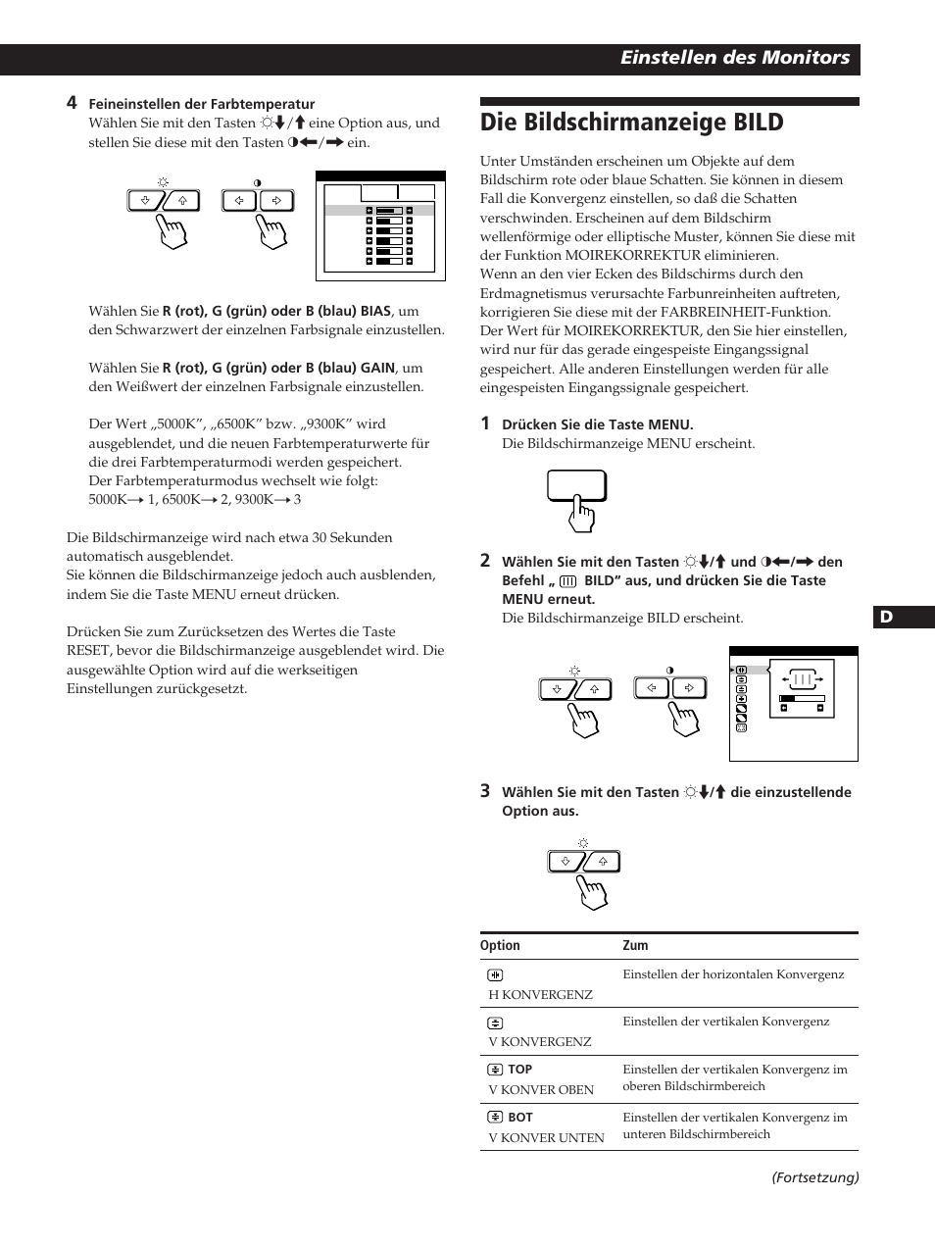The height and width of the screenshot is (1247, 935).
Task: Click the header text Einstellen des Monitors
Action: tap(734, 58)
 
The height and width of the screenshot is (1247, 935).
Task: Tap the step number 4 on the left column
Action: tap(72, 103)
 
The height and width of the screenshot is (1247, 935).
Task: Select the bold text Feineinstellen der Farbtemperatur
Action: tap(202, 104)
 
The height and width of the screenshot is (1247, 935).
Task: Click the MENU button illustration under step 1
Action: tap(576, 486)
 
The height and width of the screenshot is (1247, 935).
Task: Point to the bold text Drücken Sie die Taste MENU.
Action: tap(597, 424)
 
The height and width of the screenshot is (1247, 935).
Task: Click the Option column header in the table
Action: tap(500, 946)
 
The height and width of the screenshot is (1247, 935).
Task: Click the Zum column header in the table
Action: tap(635, 946)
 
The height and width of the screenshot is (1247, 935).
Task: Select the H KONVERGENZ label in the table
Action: tap(540, 994)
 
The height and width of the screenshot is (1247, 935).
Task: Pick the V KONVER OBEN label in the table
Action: tap(541, 1090)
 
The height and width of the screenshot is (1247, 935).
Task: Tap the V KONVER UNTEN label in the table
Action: tap(546, 1138)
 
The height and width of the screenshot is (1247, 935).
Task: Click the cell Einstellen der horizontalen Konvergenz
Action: tap(732, 974)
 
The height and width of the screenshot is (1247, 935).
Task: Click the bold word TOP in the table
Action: tap(519, 1070)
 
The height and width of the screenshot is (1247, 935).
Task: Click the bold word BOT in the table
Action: tap(519, 1118)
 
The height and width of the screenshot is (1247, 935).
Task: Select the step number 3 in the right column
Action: tap(484, 791)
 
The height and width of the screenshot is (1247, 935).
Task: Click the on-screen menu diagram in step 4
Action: tap(380, 226)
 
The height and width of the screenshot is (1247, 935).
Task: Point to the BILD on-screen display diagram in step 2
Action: tap(793, 704)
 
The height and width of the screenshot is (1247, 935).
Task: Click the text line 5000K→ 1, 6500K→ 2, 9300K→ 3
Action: tap(194, 500)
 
